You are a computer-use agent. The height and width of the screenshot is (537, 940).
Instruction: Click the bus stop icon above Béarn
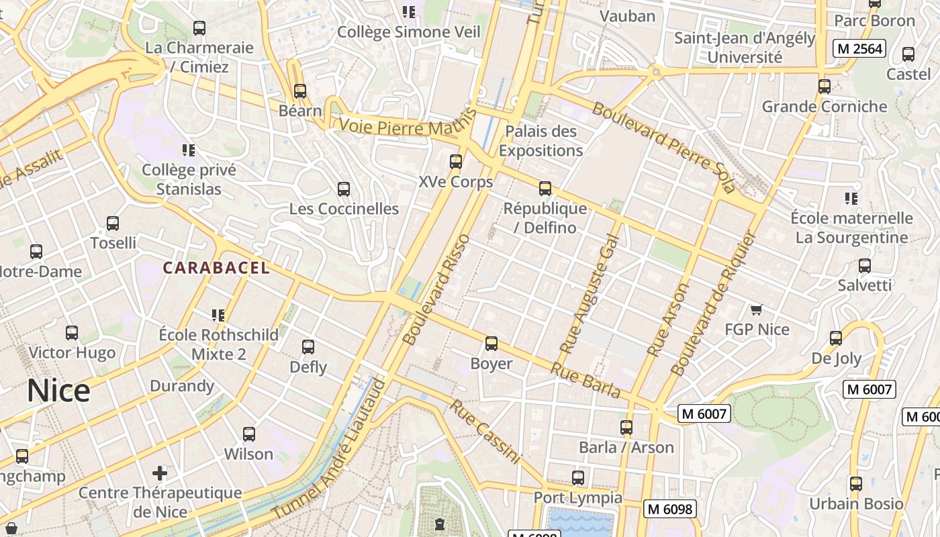coord(300,91)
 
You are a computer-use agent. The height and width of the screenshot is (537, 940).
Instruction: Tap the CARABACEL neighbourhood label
coord(216,268)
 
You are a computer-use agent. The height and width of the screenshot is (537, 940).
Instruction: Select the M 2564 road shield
coord(859,48)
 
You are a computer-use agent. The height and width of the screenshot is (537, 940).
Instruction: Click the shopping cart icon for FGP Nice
coord(757,309)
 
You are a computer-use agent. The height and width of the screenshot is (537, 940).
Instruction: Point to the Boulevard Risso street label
coord(436,290)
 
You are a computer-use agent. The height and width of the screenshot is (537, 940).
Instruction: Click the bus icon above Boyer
coord(491,344)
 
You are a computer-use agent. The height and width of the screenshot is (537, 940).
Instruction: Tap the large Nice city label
coord(58,391)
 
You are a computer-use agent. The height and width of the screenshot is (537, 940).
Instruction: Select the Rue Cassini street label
coord(485,432)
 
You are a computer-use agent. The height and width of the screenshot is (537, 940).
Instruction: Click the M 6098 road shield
coord(669,509)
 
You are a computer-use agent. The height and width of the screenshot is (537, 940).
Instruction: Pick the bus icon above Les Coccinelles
coord(344,189)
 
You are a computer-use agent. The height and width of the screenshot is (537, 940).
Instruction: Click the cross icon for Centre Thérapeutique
coord(160,473)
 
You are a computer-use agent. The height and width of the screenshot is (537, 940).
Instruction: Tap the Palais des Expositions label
coord(540,141)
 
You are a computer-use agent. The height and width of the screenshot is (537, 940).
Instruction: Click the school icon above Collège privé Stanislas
coord(189,150)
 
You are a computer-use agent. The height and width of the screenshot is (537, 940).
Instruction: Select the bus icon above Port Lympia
coord(578,478)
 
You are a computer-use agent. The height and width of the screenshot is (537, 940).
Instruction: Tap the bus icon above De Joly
coord(836,338)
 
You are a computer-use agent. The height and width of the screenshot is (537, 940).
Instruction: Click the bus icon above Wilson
coord(249,434)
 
